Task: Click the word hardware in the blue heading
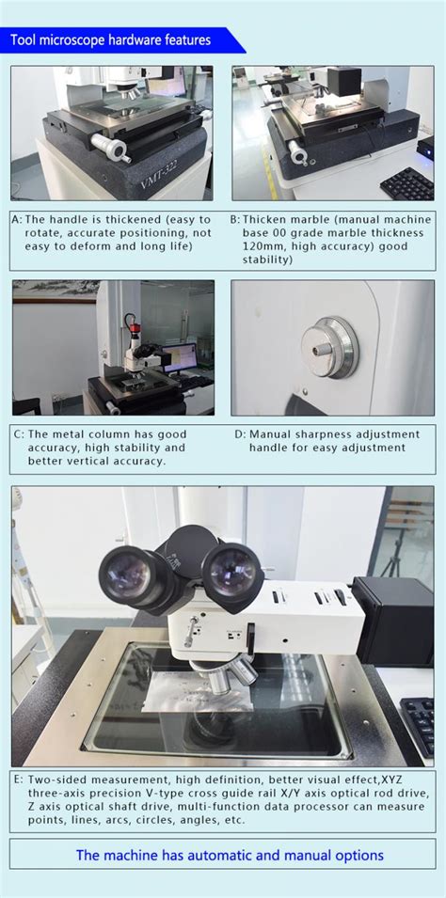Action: tap(137, 40)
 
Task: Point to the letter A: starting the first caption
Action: tap(17, 219)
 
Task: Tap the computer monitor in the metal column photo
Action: tap(179, 356)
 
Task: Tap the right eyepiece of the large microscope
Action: tap(231, 568)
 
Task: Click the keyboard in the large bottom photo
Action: tap(418, 725)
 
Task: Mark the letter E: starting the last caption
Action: tap(18, 780)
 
